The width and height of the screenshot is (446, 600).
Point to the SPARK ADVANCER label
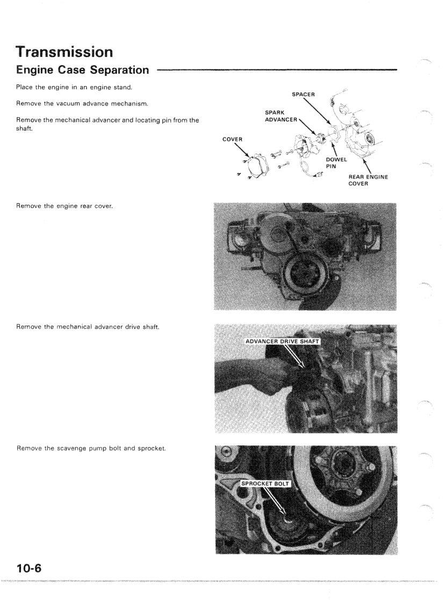(280, 116)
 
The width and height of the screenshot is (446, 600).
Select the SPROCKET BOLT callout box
(265, 483)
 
